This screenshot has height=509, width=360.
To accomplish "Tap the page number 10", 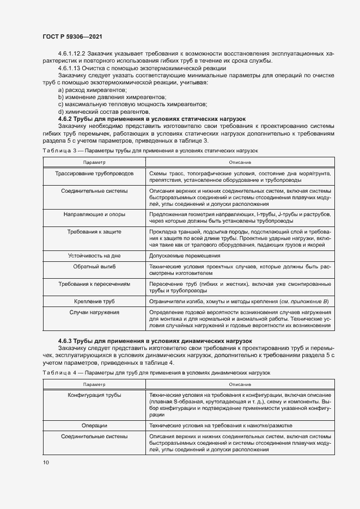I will pyautogui.click(x=46, y=462).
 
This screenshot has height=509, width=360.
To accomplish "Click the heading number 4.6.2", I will pyautogui.click(x=66, y=118).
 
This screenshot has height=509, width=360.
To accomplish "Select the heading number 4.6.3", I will pyautogui.click(x=66, y=340).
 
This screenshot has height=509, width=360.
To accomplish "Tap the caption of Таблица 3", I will pyautogui.click(x=149, y=149).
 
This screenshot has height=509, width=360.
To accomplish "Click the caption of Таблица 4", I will pyautogui.click(x=155, y=372).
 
